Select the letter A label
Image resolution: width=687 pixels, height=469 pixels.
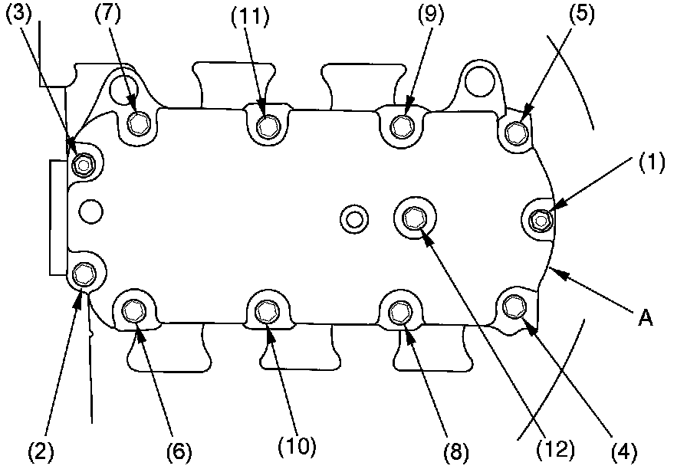coord(646,318)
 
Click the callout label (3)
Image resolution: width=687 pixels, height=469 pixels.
coord(18,17)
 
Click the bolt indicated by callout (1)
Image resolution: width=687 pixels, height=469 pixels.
coord(542,220)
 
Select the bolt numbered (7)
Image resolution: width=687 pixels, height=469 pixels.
coord(140,123)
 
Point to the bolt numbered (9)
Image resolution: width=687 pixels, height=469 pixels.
coord(400,125)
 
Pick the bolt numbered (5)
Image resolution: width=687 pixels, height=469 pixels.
coord(518,134)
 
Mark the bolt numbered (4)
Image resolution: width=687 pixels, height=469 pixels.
coord(514,307)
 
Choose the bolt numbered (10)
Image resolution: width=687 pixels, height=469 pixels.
coord(268,311)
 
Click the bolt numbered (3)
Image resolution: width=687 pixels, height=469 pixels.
coord(83,163)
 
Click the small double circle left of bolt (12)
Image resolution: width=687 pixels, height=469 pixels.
coord(354,219)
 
